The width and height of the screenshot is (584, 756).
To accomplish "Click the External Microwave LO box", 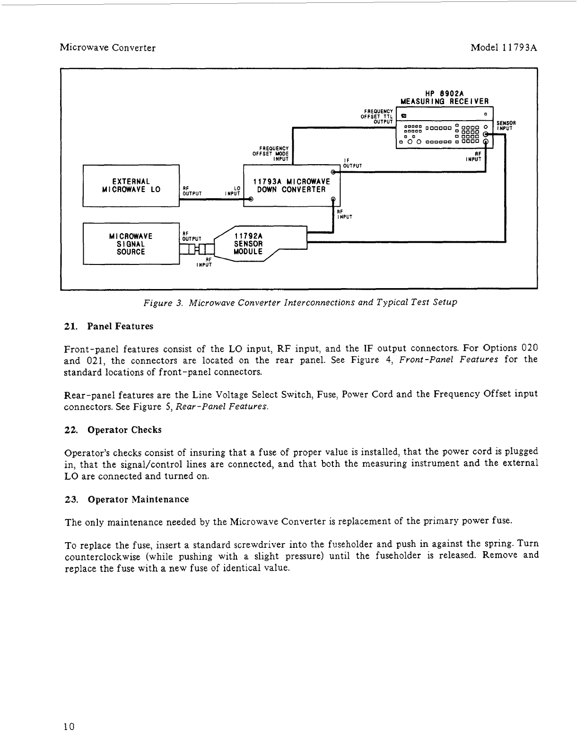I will click(x=131, y=185).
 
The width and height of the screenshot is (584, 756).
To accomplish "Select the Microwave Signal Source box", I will click(x=131, y=244).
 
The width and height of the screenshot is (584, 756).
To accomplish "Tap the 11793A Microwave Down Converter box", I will click(x=291, y=185).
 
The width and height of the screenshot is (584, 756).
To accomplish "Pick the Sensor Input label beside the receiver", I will click(x=506, y=125).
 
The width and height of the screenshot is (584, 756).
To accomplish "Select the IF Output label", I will click(x=352, y=163).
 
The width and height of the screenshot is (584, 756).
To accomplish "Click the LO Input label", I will click(x=234, y=191).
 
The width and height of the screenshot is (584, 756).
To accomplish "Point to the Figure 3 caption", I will click(x=300, y=302).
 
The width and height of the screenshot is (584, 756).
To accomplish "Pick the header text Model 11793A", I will click(x=505, y=48).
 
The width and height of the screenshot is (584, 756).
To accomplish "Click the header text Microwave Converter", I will click(x=108, y=48).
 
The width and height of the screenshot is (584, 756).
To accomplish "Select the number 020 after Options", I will click(x=529, y=348).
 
